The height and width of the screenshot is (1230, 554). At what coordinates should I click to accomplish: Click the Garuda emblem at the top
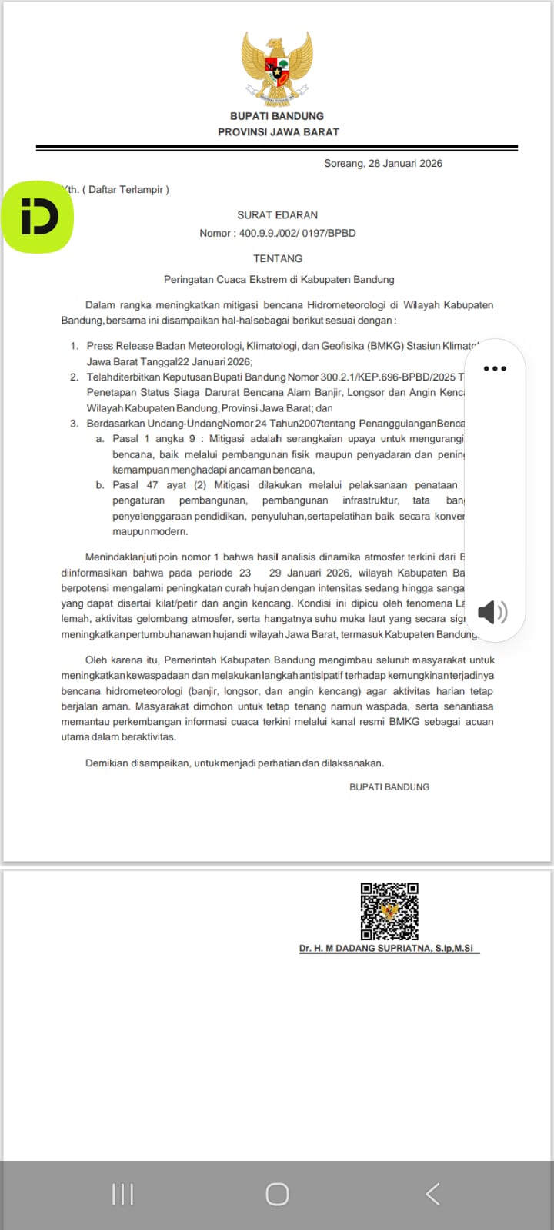coord(277,68)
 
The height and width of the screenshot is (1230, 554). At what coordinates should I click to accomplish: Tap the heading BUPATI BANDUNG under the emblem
coord(277,116)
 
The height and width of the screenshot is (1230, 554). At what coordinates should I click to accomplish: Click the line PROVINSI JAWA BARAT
coord(278,131)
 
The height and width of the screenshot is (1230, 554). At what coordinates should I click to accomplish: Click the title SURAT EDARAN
coord(277,215)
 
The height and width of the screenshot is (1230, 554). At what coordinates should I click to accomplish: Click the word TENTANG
coord(278,258)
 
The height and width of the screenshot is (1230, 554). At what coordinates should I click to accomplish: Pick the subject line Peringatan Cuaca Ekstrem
coord(279,280)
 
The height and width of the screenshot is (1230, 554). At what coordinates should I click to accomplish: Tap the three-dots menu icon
coord(495,369)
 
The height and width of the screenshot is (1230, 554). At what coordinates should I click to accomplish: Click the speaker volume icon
coord(492,612)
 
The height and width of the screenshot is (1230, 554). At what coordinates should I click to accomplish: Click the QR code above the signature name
coord(389,911)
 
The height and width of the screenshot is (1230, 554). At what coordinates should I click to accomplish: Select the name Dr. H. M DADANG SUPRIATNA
coord(386,949)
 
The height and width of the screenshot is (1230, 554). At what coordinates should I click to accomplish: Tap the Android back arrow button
coord(432,1194)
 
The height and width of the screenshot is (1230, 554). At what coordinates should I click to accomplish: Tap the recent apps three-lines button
coord(122,1194)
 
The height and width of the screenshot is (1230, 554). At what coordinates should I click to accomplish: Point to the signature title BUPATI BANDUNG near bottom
coord(389,786)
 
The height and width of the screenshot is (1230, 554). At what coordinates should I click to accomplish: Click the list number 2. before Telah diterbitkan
coord(75,377)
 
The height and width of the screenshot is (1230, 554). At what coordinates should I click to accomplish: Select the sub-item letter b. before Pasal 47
coord(100,485)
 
